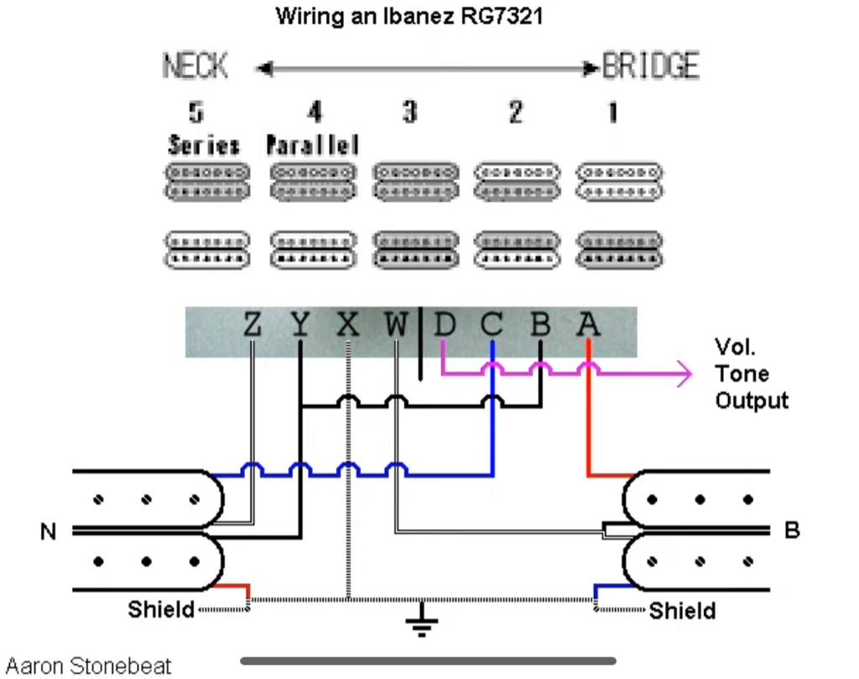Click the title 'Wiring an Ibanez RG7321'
(409, 16)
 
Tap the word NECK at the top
(195, 66)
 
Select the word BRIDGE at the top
(651, 65)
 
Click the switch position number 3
(409, 112)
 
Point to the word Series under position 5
(203, 145)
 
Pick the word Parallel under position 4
(313, 145)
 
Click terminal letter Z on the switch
(252, 323)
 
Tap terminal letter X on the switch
(347, 323)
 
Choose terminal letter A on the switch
(589, 323)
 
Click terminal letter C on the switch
(492, 323)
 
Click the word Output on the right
(752, 400)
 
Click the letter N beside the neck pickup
(49, 531)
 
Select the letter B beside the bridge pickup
(792, 530)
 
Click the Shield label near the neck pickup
(160, 608)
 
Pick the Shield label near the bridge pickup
(683, 610)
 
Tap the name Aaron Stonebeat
(88, 666)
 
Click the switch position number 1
(612, 112)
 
